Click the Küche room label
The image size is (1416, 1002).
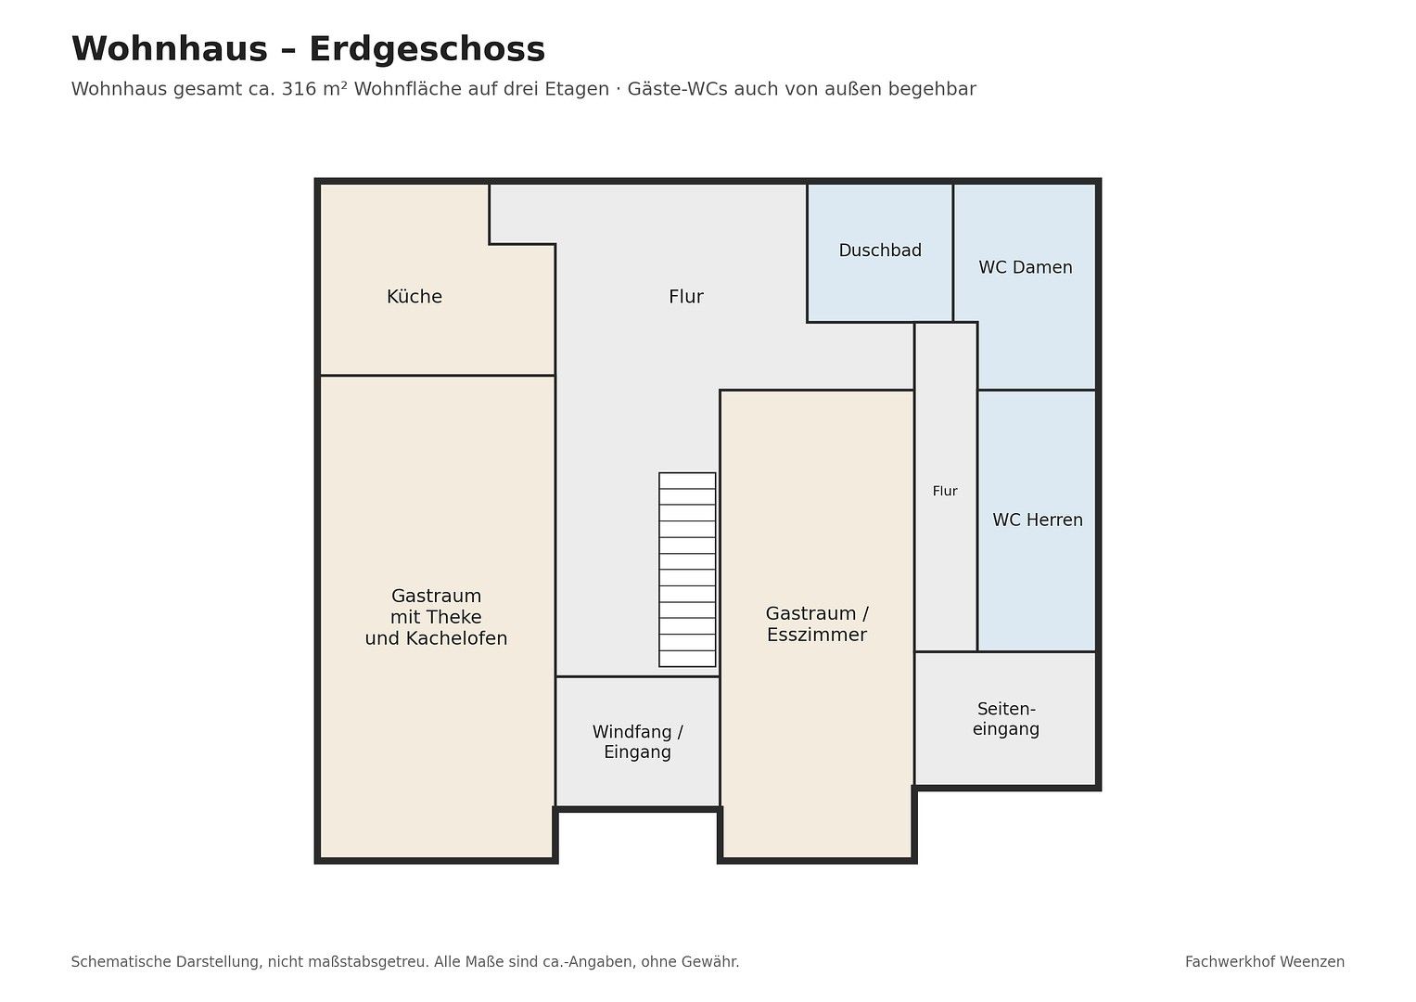pyautogui.click(x=415, y=297)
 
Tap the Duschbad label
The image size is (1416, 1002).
pyautogui.click(x=880, y=250)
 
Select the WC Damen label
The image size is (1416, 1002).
pyautogui.click(x=1026, y=267)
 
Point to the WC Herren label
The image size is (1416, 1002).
pyautogui.click(x=1038, y=520)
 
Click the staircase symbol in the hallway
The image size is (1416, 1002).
pyautogui.click(x=687, y=570)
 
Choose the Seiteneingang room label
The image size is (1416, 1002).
pyautogui.click(x=1006, y=719)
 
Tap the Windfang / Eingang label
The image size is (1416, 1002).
pyautogui.click(x=637, y=742)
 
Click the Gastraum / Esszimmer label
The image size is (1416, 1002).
pyautogui.click(x=817, y=623)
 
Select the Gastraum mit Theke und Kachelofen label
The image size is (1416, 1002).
pyautogui.click(x=436, y=617)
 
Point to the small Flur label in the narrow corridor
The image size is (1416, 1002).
pyautogui.click(x=945, y=492)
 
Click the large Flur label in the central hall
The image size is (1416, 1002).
pyautogui.click(x=686, y=297)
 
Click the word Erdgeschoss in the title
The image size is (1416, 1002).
pyautogui.click(x=427, y=49)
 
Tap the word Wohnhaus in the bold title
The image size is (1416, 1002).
pyautogui.click(x=170, y=49)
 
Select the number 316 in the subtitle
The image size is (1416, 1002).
pyautogui.click(x=299, y=89)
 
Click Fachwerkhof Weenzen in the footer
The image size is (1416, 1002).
pyautogui.click(x=1264, y=962)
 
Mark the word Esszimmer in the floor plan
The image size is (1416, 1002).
pyautogui.click(x=817, y=635)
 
